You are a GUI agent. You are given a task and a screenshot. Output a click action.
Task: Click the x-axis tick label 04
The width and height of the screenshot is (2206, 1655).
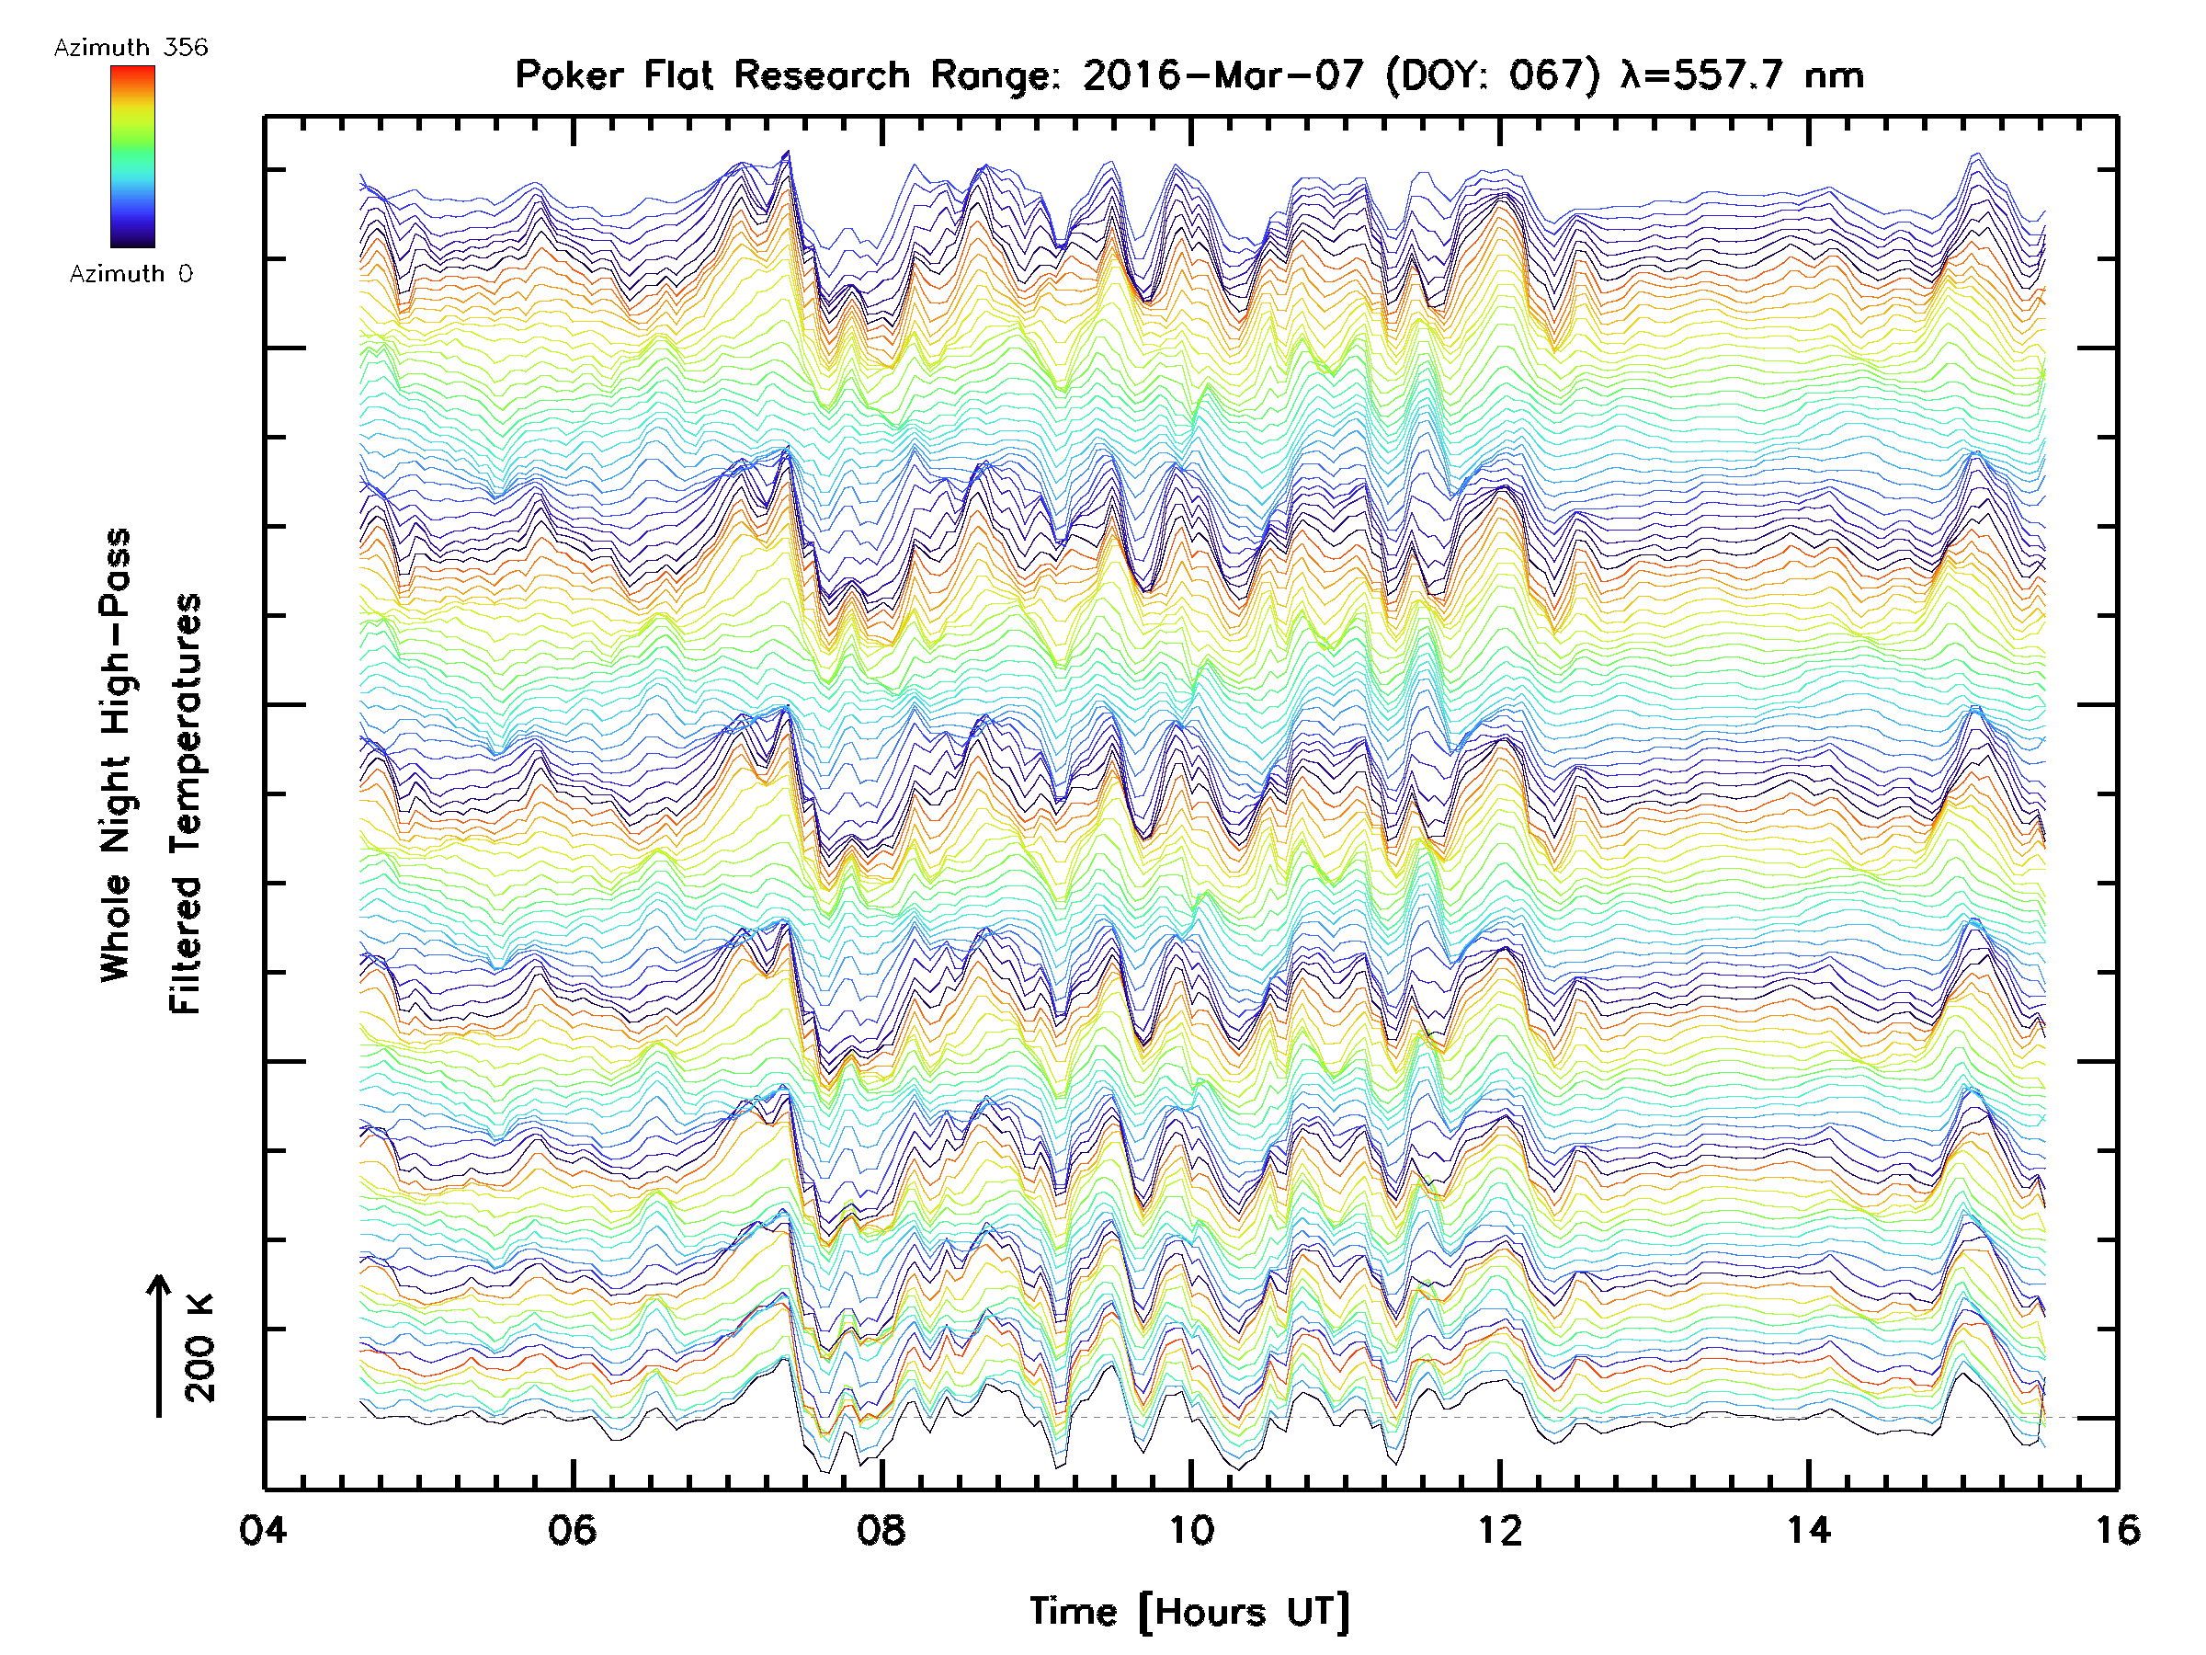(262, 1530)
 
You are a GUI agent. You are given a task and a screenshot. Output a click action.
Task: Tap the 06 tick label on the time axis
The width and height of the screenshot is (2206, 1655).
(572, 1530)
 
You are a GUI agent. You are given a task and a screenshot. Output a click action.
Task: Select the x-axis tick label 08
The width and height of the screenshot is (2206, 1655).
(881, 1530)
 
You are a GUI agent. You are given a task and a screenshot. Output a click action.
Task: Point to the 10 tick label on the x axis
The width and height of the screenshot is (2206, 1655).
(1190, 1530)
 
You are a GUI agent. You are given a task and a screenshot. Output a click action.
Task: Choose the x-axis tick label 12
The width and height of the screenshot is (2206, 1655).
(1500, 1530)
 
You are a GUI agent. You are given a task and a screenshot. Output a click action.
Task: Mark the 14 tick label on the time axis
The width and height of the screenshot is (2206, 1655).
(1808, 1530)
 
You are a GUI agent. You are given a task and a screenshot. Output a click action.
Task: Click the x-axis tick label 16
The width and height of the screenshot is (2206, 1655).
(2117, 1530)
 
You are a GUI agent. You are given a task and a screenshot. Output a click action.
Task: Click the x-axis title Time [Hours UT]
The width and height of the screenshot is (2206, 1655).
(1189, 1612)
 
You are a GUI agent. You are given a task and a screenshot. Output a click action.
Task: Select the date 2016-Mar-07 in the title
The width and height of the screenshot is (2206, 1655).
(1222, 75)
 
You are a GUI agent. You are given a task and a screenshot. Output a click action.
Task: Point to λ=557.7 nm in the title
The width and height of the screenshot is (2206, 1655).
(1742, 75)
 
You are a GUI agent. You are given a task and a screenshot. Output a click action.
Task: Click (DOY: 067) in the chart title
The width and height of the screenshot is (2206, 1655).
(1493, 75)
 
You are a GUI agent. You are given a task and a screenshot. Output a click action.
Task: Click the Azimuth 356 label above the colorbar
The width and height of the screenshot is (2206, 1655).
(131, 48)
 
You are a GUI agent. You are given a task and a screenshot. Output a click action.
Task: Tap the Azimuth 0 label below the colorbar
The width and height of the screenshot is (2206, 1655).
(131, 274)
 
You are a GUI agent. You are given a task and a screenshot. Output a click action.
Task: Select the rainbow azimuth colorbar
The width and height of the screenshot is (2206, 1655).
(132, 156)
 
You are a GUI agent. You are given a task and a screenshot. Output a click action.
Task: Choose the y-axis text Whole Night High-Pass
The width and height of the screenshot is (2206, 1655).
(116, 755)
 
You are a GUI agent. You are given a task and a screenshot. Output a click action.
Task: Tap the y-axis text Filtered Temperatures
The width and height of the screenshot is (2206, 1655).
(186, 805)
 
